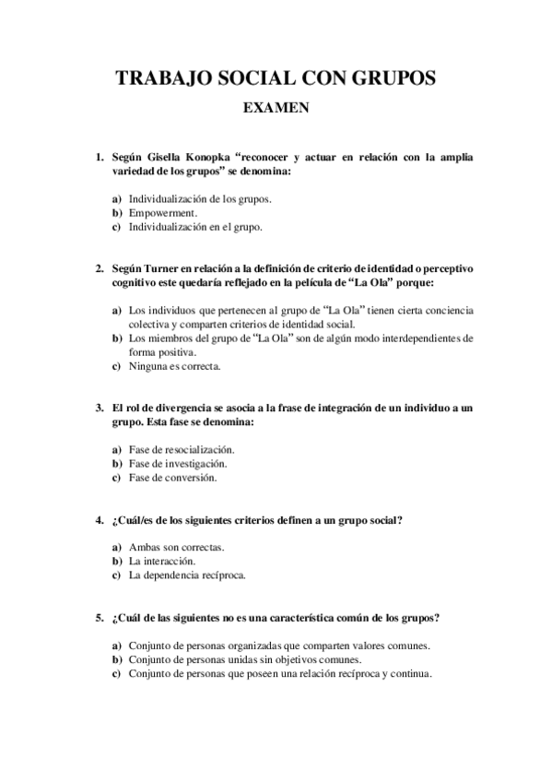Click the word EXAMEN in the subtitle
pyautogui.click(x=275, y=108)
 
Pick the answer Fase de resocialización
pyautogui.click(x=182, y=449)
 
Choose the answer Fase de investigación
pyautogui.click(x=178, y=463)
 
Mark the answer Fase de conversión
pyautogui.click(x=172, y=478)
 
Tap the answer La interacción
pyautogui.click(x=162, y=561)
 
